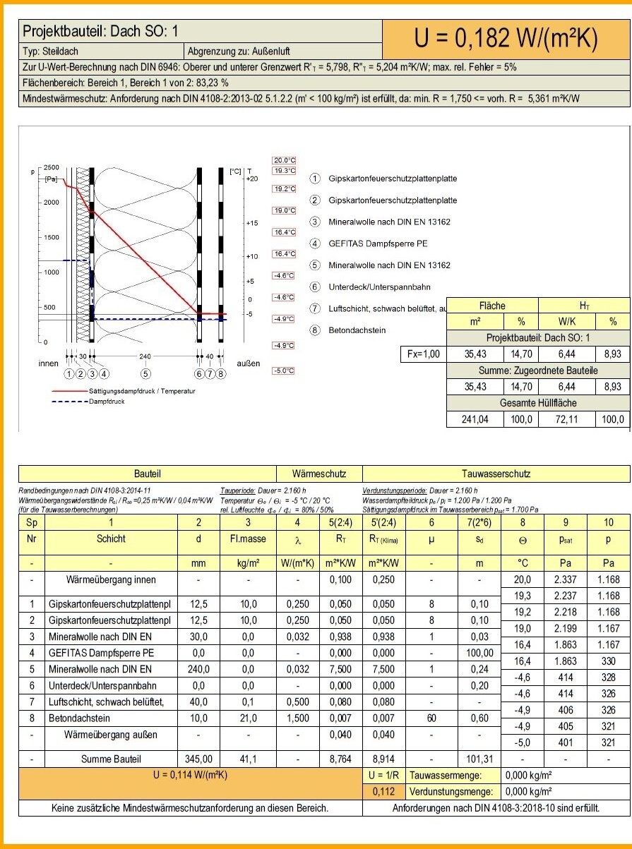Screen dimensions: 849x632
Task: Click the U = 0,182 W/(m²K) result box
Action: click(x=506, y=39)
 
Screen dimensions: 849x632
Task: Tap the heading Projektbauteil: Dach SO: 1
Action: click(x=101, y=32)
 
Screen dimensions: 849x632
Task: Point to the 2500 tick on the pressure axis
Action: click(x=52, y=167)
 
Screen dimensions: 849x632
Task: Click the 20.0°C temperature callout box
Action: click(x=283, y=159)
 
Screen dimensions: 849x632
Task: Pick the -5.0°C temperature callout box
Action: click(x=283, y=371)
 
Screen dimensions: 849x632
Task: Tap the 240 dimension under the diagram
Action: click(x=145, y=356)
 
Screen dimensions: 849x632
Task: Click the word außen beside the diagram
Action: click(x=247, y=363)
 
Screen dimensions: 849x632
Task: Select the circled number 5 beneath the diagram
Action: click(x=145, y=373)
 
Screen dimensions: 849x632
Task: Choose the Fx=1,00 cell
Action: click(x=422, y=354)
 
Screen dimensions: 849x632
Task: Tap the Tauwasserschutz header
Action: click(x=496, y=474)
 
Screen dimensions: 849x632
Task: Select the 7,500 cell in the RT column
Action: click(x=342, y=669)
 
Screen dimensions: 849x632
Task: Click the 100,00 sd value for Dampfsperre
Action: click(x=479, y=653)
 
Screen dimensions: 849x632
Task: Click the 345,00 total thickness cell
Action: click(x=198, y=759)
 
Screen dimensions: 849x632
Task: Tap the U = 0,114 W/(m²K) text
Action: click(x=191, y=774)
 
